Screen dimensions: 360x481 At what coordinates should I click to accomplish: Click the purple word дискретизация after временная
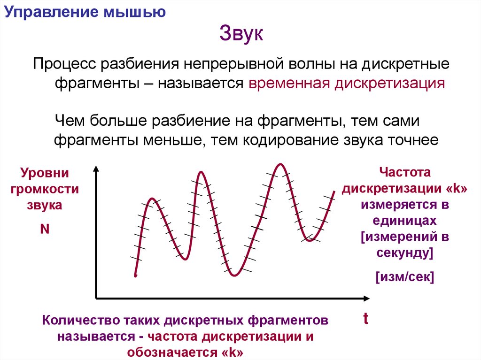pos(389,84)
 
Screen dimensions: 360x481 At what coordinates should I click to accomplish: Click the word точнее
pos(412,139)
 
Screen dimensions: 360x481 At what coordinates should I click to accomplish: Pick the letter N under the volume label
pos(46,230)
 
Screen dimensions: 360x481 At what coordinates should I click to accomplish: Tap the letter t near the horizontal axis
pos(365,320)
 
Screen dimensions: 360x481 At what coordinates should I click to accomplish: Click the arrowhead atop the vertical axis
pos(96,169)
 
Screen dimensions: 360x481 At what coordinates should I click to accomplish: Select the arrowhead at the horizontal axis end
pos(366,298)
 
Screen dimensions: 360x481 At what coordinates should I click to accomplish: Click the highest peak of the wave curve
pos(281,164)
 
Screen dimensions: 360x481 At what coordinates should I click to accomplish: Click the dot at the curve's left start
pos(135,276)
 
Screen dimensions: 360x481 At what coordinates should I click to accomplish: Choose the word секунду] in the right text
pos(405,253)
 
